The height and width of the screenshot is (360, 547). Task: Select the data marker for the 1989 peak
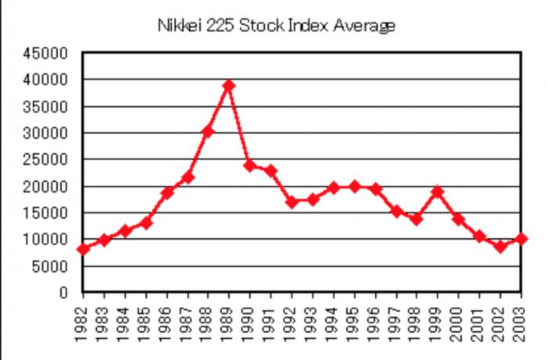coord(229,85)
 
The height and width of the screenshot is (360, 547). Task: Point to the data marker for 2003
coord(521,239)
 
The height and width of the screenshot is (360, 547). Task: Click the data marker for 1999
coord(438,191)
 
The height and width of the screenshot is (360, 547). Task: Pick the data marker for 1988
coord(208,131)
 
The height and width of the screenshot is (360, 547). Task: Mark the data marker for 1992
coord(291,201)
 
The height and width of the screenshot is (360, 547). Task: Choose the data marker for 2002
coord(500,247)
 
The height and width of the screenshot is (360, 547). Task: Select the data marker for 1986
coord(166,192)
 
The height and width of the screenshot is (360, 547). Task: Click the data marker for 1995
coord(354,186)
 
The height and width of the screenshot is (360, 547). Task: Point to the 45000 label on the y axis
coord(50,53)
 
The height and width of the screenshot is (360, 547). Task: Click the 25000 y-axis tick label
coord(50,159)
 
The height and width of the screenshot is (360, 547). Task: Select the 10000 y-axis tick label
coord(50,240)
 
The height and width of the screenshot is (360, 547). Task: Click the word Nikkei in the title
coord(178,26)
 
